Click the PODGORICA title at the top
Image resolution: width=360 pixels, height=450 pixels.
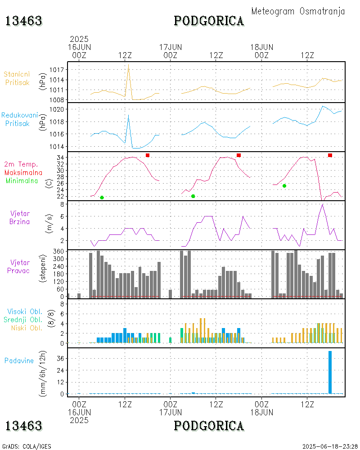pos(209,21)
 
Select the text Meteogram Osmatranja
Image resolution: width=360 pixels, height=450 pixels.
pos(298,11)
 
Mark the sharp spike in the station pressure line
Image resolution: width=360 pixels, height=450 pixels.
pos(129,66)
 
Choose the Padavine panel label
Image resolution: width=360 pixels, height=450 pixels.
pos(19,360)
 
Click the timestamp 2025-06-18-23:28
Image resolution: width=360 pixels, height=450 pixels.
pos(330,446)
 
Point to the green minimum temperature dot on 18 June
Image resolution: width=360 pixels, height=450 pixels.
pos(284,186)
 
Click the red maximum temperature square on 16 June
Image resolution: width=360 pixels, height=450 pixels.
pos(148,155)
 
